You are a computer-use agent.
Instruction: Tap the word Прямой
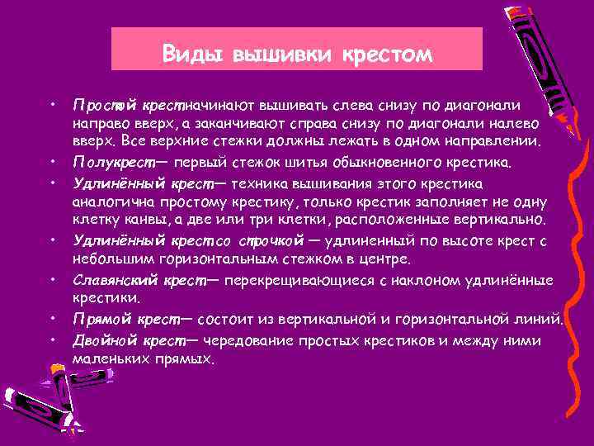pos(100,320)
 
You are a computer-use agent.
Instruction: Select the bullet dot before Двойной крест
pos(53,338)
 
